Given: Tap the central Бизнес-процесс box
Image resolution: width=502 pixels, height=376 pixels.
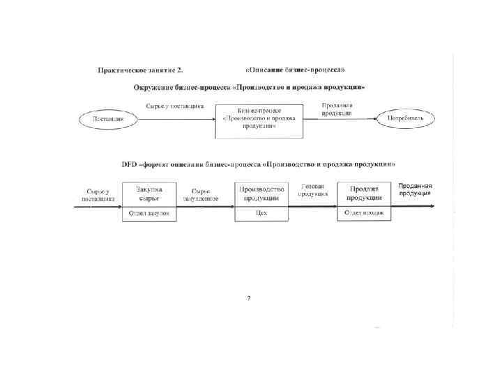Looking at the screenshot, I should coord(259,118).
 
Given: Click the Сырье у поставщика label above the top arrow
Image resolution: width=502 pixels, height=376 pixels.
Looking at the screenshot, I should coord(174,106).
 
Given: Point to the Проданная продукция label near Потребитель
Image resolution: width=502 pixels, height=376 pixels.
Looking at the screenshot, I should coord(337,108).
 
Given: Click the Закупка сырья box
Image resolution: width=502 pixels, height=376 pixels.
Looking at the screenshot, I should coord(149,194).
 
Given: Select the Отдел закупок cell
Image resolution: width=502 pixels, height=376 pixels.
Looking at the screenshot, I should coord(149,214).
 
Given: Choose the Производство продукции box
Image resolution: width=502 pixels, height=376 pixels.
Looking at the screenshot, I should coord(262,194).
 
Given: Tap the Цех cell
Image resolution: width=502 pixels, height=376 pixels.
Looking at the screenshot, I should coord(262,214).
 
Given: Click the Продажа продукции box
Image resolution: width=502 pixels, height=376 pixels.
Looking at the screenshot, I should coord(364,194).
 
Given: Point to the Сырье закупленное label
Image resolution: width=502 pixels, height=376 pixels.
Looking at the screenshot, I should coord(201,194).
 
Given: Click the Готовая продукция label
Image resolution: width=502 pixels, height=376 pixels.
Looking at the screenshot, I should coord(313,190).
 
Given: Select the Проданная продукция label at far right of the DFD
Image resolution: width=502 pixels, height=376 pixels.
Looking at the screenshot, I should coord(416,189).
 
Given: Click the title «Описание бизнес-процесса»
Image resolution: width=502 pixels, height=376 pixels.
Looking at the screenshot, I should coord(296,70).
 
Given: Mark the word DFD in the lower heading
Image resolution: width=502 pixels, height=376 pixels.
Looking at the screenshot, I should coord(130,164).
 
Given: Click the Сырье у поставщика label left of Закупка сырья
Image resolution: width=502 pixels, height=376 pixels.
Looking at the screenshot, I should coord(98,194).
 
